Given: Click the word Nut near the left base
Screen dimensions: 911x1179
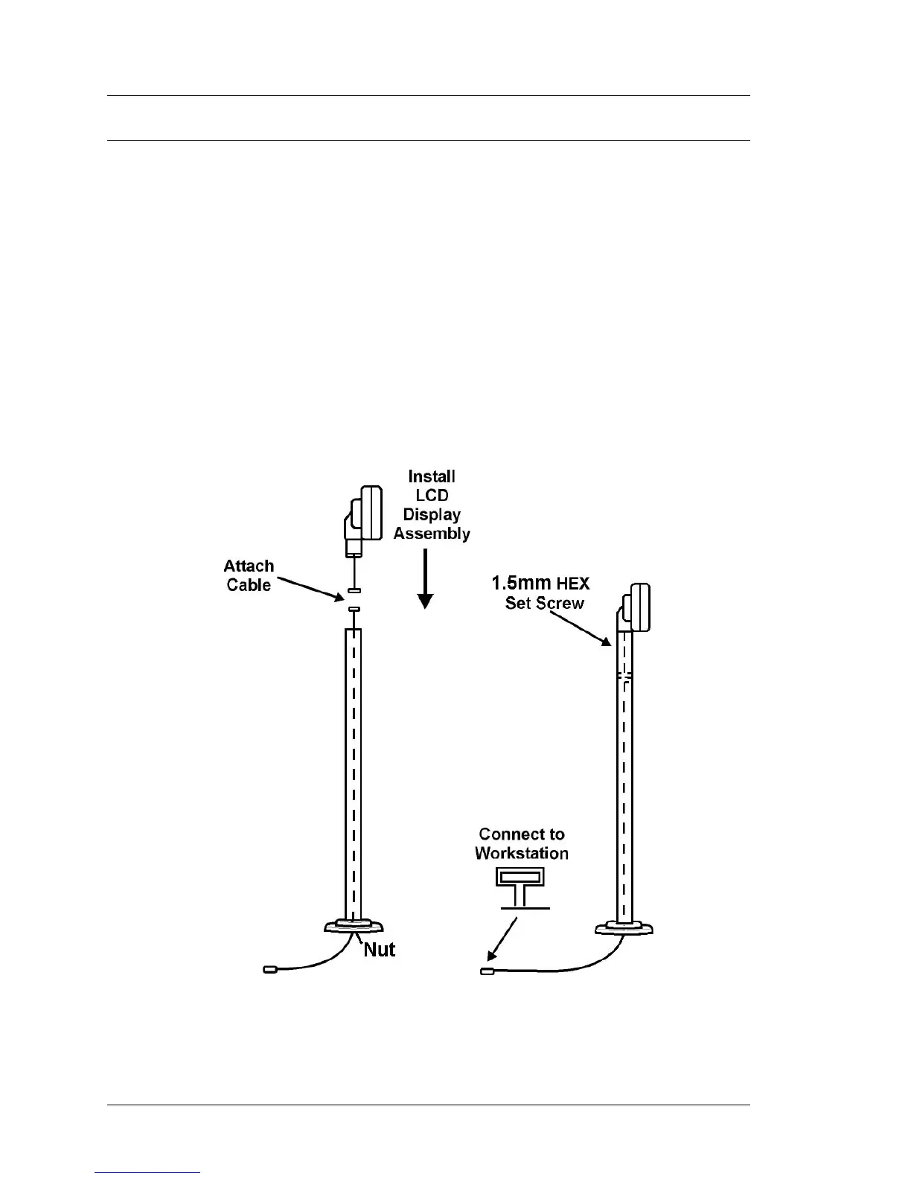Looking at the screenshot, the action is [x=379, y=950].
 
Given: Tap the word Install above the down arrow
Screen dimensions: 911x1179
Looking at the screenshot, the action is [x=432, y=476].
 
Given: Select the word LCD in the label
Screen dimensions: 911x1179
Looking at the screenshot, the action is [x=432, y=496].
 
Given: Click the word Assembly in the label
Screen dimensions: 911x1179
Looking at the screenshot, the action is [x=432, y=534].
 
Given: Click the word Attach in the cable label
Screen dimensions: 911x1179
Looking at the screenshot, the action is [x=249, y=566].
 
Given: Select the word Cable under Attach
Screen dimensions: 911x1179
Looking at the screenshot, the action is [x=249, y=586].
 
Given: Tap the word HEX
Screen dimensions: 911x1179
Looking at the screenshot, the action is [x=573, y=584].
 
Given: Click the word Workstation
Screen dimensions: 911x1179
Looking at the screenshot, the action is [x=522, y=854].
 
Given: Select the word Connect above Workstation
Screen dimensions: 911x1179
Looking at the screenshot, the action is [x=522, y=834].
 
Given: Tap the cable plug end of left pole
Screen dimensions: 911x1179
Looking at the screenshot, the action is [x=270, y=969].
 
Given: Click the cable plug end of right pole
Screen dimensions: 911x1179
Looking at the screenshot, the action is [x=486, y=971].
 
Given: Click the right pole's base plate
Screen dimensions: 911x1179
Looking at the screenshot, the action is [x=624, y=928].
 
